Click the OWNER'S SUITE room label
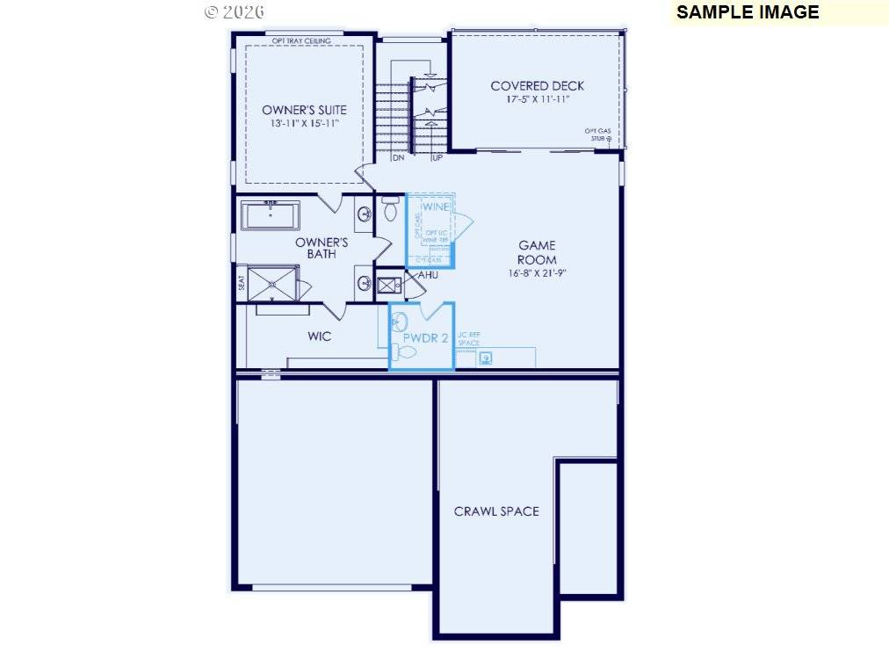click(304, 110)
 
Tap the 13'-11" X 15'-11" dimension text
click(304, 124)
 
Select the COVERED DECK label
click(537, 85)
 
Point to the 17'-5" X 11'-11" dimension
click(537, 99)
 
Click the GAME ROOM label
click(536, 252)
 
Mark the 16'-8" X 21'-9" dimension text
click(536, 272)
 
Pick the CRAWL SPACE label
click(496, 511)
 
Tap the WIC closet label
click(319, 336)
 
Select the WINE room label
click(436, 207)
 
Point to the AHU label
click(428, 275)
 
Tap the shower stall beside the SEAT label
click(273, 285)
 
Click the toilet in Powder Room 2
click(404, 353)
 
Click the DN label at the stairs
click(398, 158)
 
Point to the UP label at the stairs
click(437, 158)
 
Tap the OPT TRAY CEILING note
click(301, 40)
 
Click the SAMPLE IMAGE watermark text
click(747, 12)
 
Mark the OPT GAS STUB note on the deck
click(599, 134)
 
